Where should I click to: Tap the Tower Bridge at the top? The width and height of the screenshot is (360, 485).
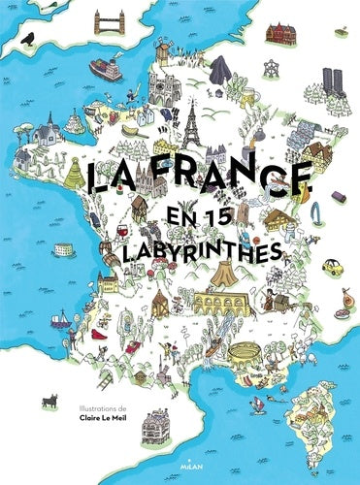coord(133,21)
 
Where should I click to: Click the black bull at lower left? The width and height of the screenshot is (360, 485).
coord(49,397)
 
